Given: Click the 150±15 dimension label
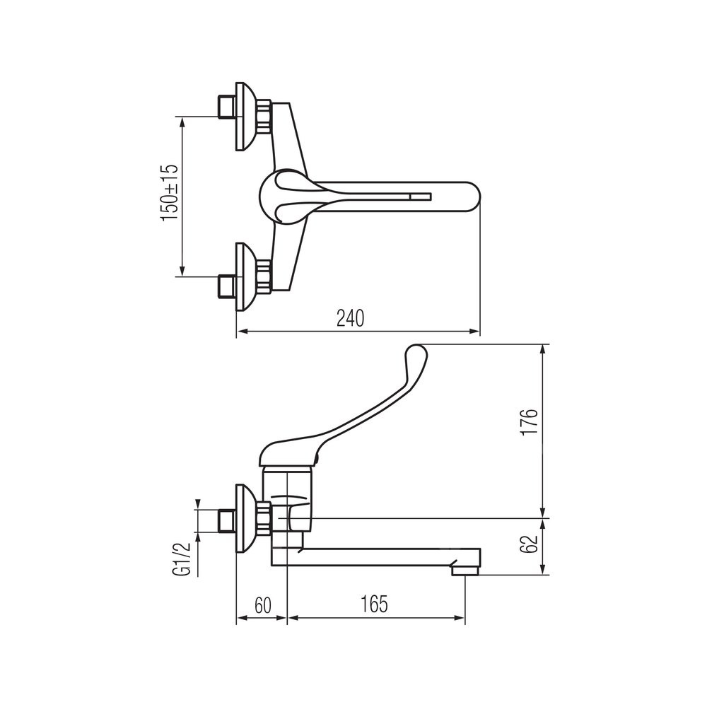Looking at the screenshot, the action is tap(170, 194).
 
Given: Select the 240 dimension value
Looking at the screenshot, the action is tap(351, 319).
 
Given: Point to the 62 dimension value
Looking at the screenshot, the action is tap(529, 544).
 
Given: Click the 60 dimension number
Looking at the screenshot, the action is tap(263, 605).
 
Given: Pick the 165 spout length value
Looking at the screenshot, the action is tap(374, 604).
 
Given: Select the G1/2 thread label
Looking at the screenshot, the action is tap(182, 559).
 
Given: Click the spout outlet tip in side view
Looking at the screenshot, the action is tap(465, 570).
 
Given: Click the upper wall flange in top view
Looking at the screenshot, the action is tap(247, 117).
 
